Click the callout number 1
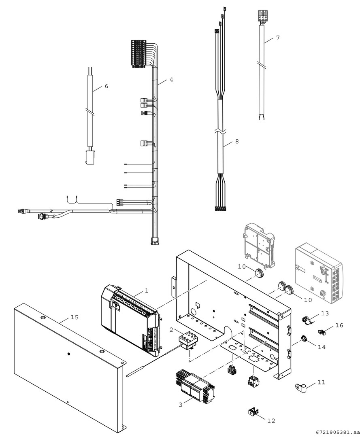(147, 291)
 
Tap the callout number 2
(171, 330)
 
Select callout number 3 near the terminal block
(181, 405)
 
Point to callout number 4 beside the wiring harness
(171, 79)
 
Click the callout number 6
(106, 86)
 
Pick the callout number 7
(278, 37)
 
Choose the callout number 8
(237, 141)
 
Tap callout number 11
(321, 382)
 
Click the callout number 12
(271, 420)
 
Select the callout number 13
(325, 313)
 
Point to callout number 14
(322, 347)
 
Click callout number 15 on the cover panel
(75, 317)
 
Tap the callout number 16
(339, 325)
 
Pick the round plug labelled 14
(304, 339)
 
